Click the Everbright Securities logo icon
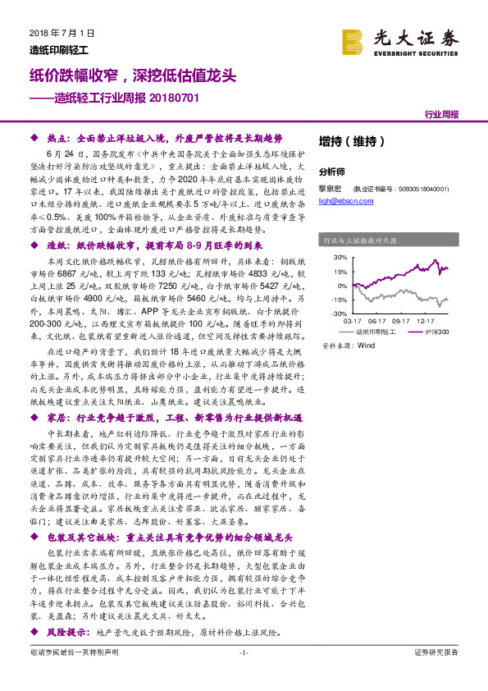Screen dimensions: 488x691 (x=354, y=41)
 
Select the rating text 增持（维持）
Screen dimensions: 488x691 (x=351, y=140)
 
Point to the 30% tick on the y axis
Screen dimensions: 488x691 (x=341, y=257)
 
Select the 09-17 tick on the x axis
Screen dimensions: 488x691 (x=401, y=323)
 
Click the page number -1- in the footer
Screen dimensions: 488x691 (x=243, y=675)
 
